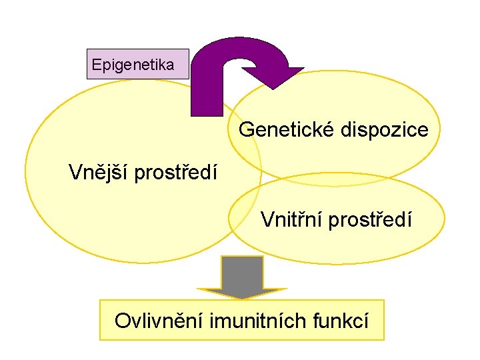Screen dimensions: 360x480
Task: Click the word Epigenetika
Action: tap(133, 65)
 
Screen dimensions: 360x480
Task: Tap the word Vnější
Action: tap(99, 173)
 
